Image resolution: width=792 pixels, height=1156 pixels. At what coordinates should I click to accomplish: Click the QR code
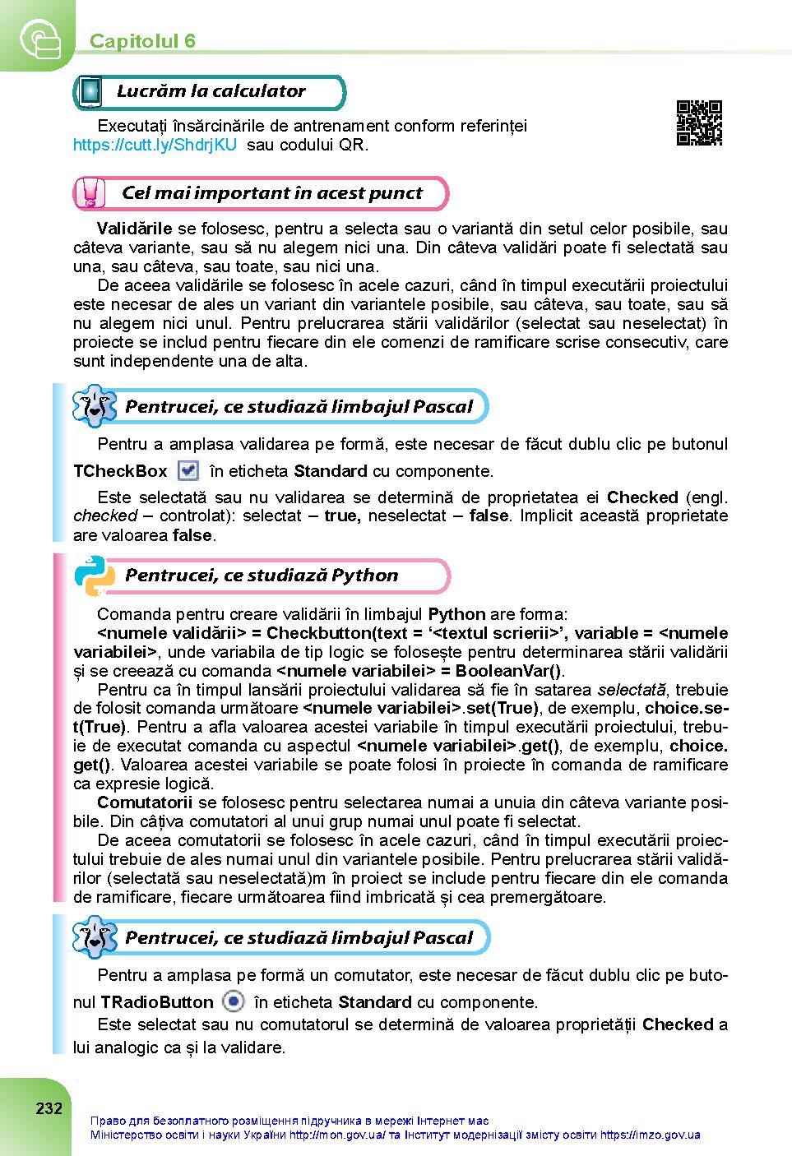698,123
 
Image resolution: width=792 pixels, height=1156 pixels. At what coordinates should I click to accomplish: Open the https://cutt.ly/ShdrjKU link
155,145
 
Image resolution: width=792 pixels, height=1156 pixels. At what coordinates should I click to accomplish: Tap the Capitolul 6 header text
142,41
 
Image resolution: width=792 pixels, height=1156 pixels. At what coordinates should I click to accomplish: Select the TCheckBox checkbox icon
188,470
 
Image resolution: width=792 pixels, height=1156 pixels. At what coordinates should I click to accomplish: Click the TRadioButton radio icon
234,1001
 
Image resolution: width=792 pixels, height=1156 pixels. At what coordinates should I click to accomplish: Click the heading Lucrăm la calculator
211,91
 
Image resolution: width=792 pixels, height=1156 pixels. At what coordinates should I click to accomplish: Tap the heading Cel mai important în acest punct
271,193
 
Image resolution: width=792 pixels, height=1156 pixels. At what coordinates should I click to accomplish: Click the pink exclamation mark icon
90,194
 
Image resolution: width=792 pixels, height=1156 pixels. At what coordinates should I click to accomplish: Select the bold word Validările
134,228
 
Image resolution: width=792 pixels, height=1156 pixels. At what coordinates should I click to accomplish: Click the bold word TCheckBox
120,471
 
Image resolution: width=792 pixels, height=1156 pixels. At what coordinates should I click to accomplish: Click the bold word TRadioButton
156,1002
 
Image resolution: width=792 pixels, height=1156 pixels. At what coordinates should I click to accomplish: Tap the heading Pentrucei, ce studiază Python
262,576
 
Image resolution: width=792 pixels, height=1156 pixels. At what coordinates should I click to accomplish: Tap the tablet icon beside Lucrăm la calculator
90,92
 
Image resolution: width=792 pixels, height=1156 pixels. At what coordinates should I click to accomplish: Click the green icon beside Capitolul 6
38,38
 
